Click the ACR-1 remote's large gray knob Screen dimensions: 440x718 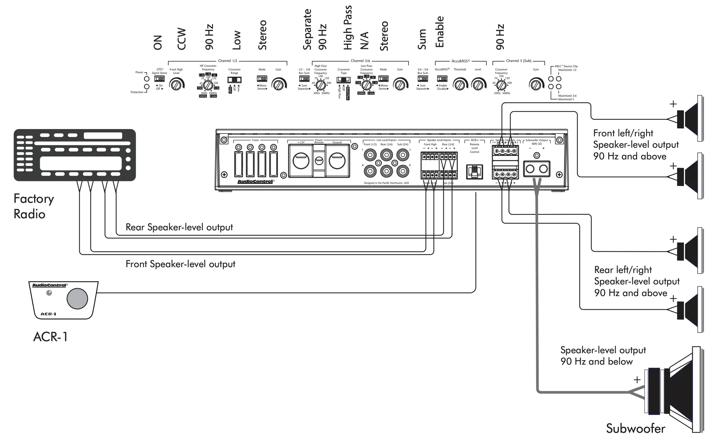77,298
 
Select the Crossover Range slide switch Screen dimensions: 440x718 234,80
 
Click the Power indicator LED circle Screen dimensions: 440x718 147,79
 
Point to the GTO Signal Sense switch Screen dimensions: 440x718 159,78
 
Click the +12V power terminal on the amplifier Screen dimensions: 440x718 301,160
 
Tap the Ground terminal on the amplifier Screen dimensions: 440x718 337,160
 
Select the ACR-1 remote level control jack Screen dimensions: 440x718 474,171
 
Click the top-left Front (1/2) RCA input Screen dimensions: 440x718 370,155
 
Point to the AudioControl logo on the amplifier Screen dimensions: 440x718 255,181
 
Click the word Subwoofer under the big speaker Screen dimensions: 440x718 635,429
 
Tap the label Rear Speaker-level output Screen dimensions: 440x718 179,227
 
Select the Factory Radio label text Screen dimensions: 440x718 33,206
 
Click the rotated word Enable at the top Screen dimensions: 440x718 440,32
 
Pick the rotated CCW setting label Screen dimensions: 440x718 181,39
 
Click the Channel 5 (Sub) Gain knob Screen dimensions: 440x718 536,84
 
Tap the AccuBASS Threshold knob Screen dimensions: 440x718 460,84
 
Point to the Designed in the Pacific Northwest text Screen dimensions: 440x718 386,183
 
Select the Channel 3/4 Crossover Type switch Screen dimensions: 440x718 344,80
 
